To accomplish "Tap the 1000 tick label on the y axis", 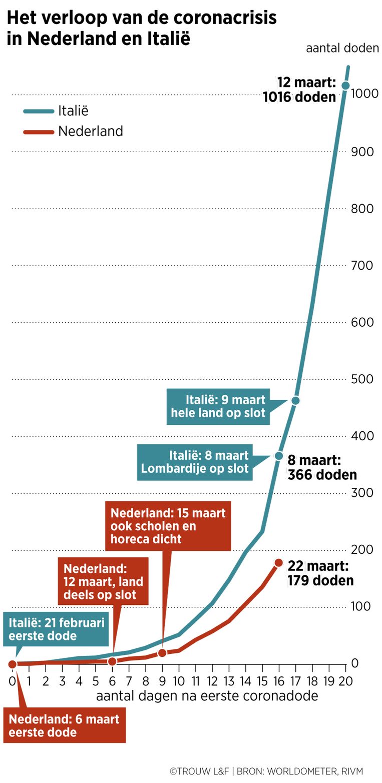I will (x=362, y=94).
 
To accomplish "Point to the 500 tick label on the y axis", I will (x=362, y=379).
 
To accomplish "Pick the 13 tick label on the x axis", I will (x=228, y=680).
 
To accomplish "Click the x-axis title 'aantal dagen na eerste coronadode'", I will (x=207, y=696).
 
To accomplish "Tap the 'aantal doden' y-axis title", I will (x=342, y=49).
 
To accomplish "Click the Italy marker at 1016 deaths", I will (x=345, y=86).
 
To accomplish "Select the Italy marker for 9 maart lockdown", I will (x=295, y=400).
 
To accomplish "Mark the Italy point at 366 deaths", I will (x=279, y=456).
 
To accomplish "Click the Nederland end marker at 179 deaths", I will (x=279, y=563).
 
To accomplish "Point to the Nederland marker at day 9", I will (x=162, y=653).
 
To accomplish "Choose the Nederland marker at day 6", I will (x=112, y=661).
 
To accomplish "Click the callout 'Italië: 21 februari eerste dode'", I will (x=57, y=629).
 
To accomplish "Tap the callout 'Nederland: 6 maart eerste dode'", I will (x=64, y=725).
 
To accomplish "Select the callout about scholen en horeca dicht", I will (x=168, y=526).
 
